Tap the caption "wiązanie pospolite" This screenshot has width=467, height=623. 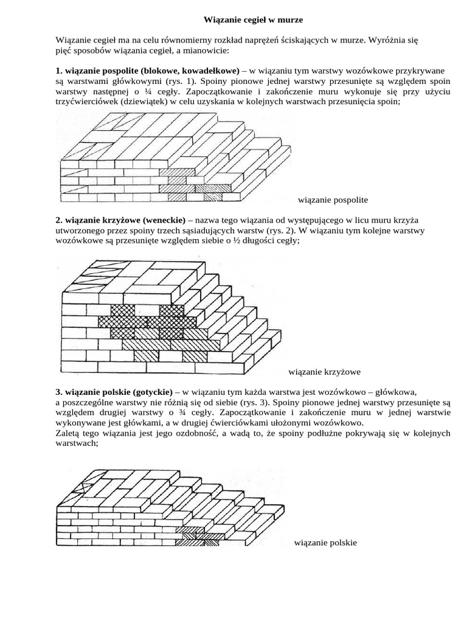coord(333,200)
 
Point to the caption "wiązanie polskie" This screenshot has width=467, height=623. coord(325,542)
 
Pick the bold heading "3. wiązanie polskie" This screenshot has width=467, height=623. coord(92,391)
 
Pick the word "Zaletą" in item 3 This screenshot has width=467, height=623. coord(67,433)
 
